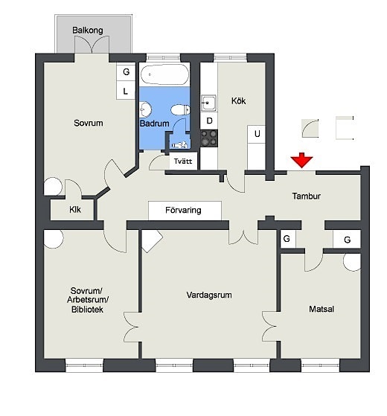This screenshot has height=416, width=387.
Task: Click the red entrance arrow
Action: [x=301, y=160]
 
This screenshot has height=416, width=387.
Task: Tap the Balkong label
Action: [x=88, y=30]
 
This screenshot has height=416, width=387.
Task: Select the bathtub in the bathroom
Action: [x=164, y=74]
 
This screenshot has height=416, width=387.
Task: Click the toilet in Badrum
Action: [x=180, y=109]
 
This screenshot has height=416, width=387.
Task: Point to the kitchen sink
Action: [x=208, y=103]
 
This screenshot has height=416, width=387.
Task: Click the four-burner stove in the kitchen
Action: [x=209, y=138]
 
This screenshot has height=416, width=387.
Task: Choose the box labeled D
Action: [x=209, y=121]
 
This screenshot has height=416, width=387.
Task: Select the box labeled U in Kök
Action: [x=257, y=134]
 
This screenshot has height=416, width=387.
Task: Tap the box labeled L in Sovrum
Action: [x=126, y=91]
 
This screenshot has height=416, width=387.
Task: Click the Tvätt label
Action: [x=183, y=161]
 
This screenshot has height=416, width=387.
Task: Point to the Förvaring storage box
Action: [x=185, y=211]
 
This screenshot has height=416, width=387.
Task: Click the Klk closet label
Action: [x=75, y=210]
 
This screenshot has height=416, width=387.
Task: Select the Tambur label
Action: [x=307, y=196]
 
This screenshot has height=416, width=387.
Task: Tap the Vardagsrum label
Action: [x=209, y=295]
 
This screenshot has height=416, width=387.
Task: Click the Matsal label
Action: [x=322, y=309]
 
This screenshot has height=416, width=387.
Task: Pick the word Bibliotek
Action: [x=87, y=310]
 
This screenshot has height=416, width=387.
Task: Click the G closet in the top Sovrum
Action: [x=126, y=71]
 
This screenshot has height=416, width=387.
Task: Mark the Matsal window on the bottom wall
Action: [x=320, y=365]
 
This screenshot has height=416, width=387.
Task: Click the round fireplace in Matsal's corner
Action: [x=352, y=262]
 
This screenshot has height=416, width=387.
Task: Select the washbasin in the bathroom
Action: [x=145, y=109]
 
